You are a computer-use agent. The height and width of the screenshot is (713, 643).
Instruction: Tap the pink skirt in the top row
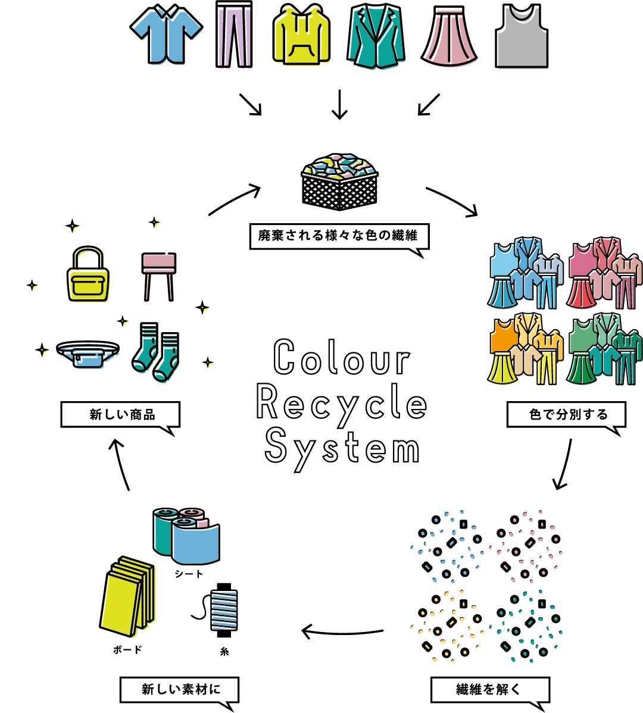click(450, 37)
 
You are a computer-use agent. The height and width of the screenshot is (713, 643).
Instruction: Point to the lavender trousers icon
click(234, 35)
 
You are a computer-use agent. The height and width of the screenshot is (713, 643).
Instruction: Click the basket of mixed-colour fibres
click(339, 182)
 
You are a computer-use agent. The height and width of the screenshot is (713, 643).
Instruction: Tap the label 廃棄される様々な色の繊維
click(338, 236)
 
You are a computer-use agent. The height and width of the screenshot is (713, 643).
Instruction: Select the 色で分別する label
click(566, 415)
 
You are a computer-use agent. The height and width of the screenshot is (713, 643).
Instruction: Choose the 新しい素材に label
click(179, 690)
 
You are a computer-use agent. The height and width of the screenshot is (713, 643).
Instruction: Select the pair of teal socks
click(157, 352)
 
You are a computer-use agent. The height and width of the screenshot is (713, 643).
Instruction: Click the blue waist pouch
click(88, 354)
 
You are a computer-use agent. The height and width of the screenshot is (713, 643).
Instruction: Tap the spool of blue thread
click(223, 610)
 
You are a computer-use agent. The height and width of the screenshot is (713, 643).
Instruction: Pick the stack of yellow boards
click(126, 595)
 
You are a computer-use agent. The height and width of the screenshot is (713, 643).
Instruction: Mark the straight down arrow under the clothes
click(339, 104)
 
